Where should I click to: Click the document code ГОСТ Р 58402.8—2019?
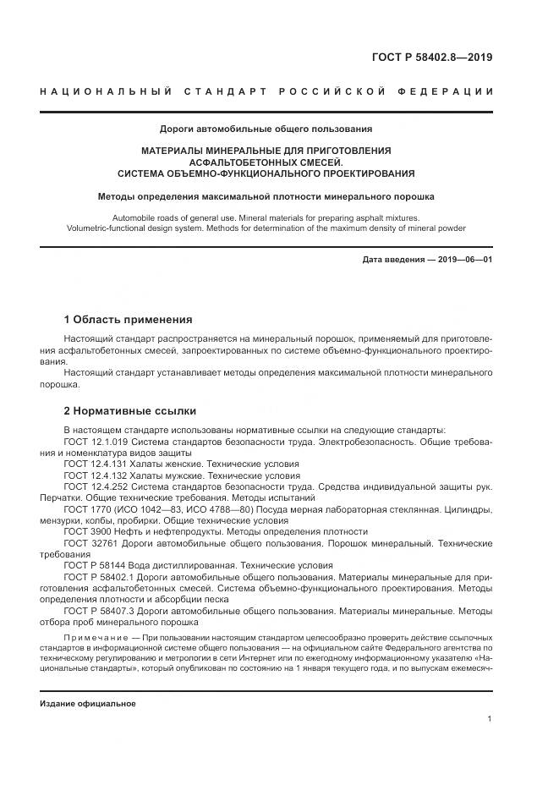432,58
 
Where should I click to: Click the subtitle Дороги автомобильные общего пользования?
266,129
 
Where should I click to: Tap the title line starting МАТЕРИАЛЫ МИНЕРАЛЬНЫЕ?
266,151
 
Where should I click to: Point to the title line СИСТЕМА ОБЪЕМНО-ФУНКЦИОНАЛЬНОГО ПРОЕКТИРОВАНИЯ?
266,173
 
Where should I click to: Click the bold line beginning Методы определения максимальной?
266,196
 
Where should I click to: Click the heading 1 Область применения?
129,320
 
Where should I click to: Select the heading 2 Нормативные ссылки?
130,411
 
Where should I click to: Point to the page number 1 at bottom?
490,718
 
